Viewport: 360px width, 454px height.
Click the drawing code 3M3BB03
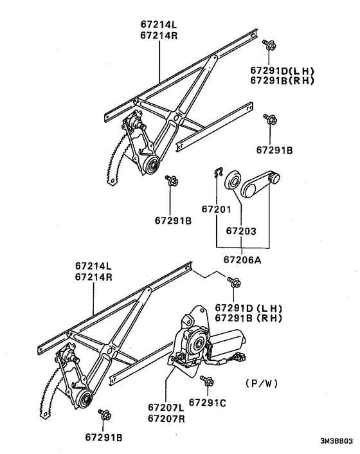[x=336, y=442]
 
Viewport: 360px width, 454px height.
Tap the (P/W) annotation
[x=260, y=384]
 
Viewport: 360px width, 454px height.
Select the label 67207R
[x=166, y=419]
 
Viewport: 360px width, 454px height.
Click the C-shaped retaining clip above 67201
[x=218, y=172]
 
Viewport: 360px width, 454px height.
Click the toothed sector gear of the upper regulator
[x=114, y=165]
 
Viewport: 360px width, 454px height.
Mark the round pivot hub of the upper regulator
[x=153, y=167]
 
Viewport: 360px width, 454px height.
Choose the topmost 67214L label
[x=158, y=25]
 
